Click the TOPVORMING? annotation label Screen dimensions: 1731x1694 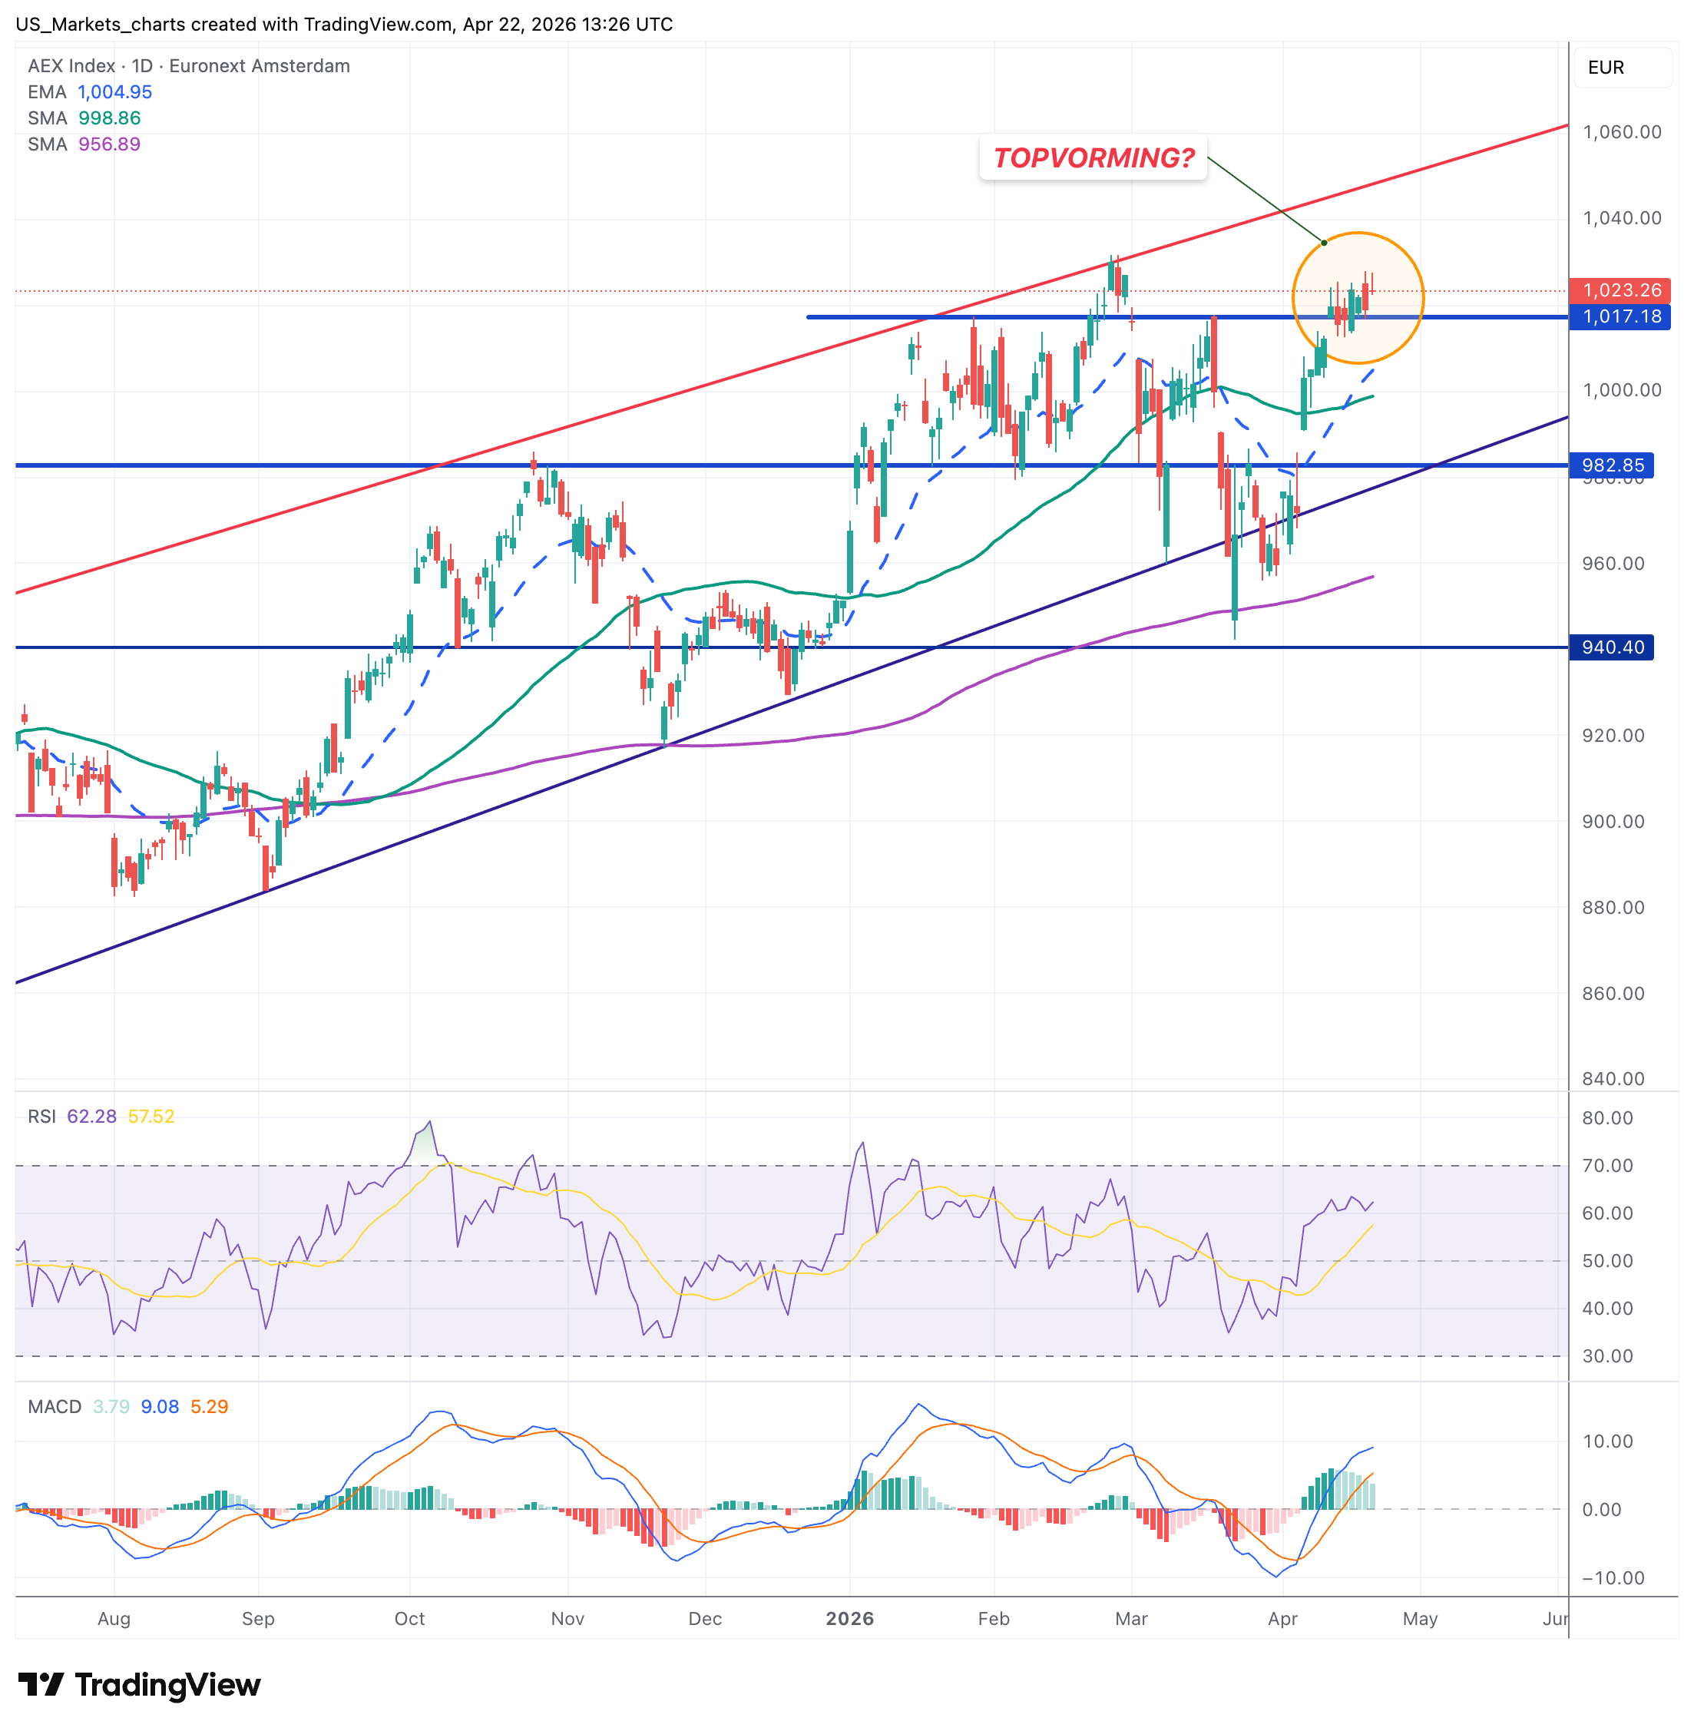(1093, 157)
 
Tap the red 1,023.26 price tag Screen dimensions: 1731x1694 (1620, 290)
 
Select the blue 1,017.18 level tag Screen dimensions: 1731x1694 (1620, 317)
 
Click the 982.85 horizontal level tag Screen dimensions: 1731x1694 (1611, 465)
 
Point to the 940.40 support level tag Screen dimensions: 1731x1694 (1611, 647)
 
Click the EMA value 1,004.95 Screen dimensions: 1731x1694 (114, 91)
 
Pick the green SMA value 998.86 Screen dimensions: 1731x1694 (110, 118)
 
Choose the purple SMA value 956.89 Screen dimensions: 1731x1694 (110, 144)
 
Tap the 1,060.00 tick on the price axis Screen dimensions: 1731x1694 (1621, 132)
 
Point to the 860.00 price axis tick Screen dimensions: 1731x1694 (1612, 993)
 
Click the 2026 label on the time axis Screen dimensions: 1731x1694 (849, 1619)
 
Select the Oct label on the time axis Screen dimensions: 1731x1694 (409, 1619)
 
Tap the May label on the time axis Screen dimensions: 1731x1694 (1419, 1619)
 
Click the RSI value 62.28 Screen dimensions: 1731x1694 (91, 1116)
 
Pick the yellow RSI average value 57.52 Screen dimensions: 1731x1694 (151, 1116)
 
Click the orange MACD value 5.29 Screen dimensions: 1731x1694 (209, 1406)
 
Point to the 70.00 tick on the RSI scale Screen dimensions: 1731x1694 (1606, 1166)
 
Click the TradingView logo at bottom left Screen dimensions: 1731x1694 (139, 1684)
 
